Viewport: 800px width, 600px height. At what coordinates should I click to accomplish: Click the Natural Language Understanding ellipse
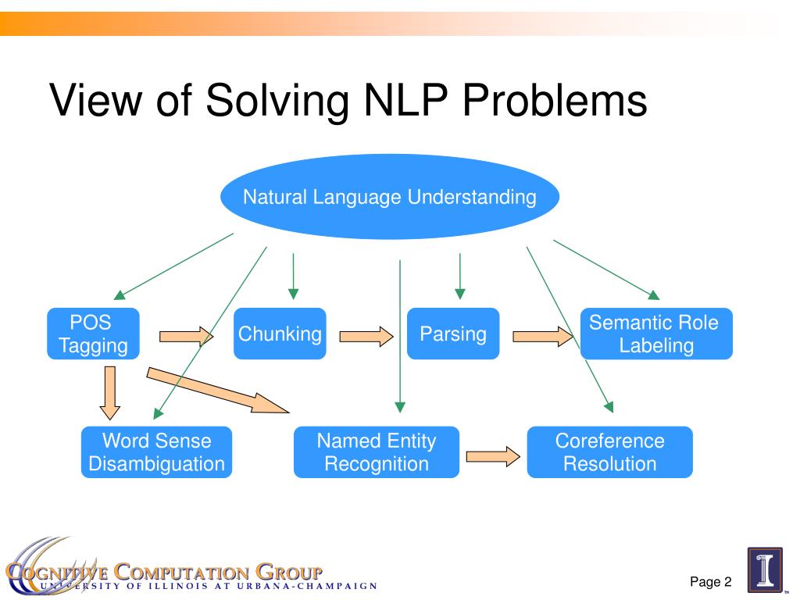point(390,197)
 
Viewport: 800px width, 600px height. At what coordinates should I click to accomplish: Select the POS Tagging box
point(93,334)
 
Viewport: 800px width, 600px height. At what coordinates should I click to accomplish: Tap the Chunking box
point(280,334)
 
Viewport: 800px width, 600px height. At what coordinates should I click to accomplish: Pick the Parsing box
point(453,334)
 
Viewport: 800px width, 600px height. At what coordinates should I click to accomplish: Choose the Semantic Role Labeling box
point(656,334)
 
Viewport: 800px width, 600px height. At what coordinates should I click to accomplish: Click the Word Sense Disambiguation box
point(156,452)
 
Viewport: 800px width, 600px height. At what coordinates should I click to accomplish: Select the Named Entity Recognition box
point(376,452)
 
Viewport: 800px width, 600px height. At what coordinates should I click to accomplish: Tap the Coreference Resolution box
point(609,452)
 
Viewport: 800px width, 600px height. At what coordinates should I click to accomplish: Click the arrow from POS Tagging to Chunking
point(186,336)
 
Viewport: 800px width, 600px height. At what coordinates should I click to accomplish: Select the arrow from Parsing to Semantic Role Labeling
point(542,337)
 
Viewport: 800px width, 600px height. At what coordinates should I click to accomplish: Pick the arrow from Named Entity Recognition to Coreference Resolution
point(493,455)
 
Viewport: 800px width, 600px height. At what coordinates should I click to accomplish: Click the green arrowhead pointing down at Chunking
point(293,294)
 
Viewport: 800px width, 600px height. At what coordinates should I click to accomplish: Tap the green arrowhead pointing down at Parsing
point(460,294)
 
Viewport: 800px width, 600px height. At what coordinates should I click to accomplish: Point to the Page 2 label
point(710,581)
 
